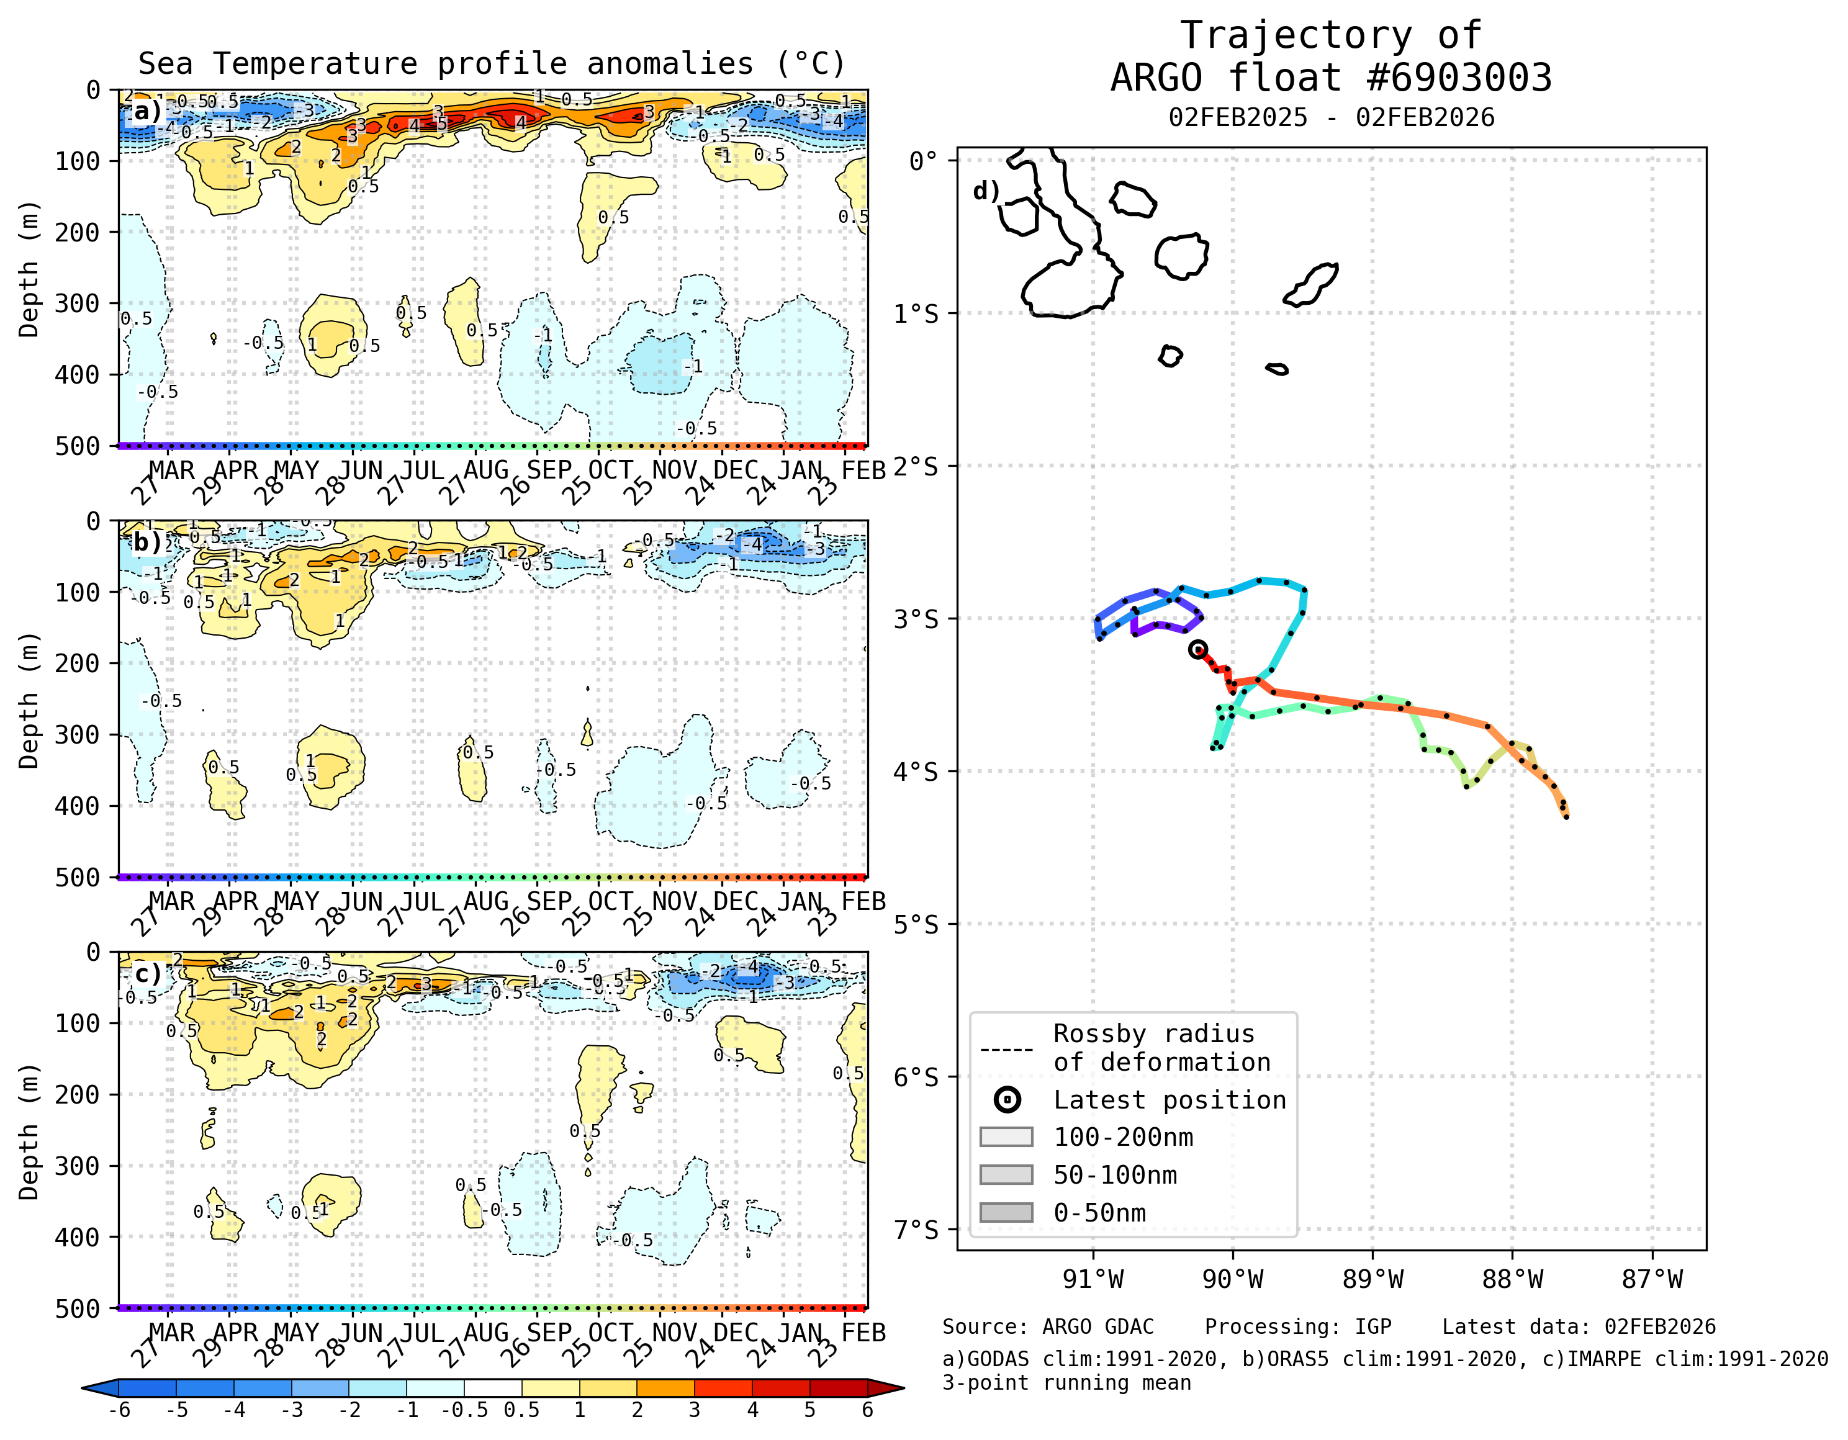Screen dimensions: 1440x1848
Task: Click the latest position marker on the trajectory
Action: (x=1197, y=650)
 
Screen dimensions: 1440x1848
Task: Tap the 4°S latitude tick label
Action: (x=916, y=772)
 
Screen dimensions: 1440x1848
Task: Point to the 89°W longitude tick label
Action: (x=1372, y=1279)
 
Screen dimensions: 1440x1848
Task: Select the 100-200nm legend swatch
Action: (x=1006, y=1136)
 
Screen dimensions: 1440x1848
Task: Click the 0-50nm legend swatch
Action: (x=1006, y=1212)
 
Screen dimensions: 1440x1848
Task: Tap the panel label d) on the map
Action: (x=986, y=191)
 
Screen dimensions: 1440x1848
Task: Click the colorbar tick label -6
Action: (x=119, y=1410)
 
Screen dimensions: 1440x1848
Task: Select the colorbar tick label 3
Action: (x=694, y=1410)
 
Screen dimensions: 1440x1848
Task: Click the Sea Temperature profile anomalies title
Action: (x=492, y=63)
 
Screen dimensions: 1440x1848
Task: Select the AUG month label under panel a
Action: (x=487, y=470)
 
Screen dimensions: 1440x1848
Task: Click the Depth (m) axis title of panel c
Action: (x=29, y=1131)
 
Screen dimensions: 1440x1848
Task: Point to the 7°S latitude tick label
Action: (x=916, y=1230)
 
